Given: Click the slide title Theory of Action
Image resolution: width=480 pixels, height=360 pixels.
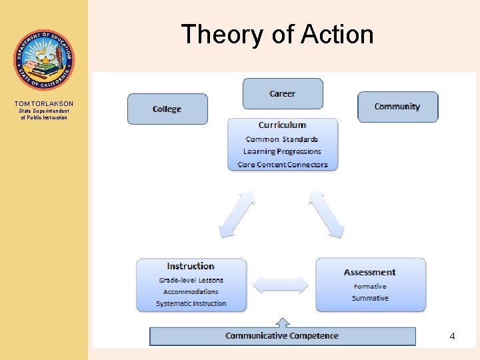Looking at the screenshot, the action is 277,35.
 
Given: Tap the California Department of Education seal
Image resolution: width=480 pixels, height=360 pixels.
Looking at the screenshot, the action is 44,60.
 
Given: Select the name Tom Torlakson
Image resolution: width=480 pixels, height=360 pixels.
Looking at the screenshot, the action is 44,104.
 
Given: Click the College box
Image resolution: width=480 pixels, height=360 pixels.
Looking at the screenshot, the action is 167,109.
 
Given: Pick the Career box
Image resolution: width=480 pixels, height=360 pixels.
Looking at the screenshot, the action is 283,93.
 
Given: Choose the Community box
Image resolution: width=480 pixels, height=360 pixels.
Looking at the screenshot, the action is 397,107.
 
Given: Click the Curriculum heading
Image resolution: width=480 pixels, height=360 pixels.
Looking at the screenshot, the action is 283,125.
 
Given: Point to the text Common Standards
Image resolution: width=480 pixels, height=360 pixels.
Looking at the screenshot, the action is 282,139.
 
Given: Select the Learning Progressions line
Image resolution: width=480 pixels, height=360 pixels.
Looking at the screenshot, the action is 282,152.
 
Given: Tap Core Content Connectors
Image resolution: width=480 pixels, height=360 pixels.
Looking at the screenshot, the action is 283,165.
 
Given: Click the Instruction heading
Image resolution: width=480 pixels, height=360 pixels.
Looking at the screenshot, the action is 191,267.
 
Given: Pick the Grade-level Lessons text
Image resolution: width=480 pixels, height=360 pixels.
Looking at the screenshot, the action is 191,280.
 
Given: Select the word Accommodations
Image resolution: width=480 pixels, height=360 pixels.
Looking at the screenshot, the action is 191,292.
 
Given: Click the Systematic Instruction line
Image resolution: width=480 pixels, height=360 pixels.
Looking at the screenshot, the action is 191,304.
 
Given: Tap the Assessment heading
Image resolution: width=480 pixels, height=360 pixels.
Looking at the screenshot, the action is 370,272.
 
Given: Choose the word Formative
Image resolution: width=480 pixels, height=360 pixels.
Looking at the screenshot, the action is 371,287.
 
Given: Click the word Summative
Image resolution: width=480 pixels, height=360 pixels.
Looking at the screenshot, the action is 371,298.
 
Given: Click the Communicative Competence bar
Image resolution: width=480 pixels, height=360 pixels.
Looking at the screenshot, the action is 282,335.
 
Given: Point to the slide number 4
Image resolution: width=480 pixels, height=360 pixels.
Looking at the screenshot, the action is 452,337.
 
